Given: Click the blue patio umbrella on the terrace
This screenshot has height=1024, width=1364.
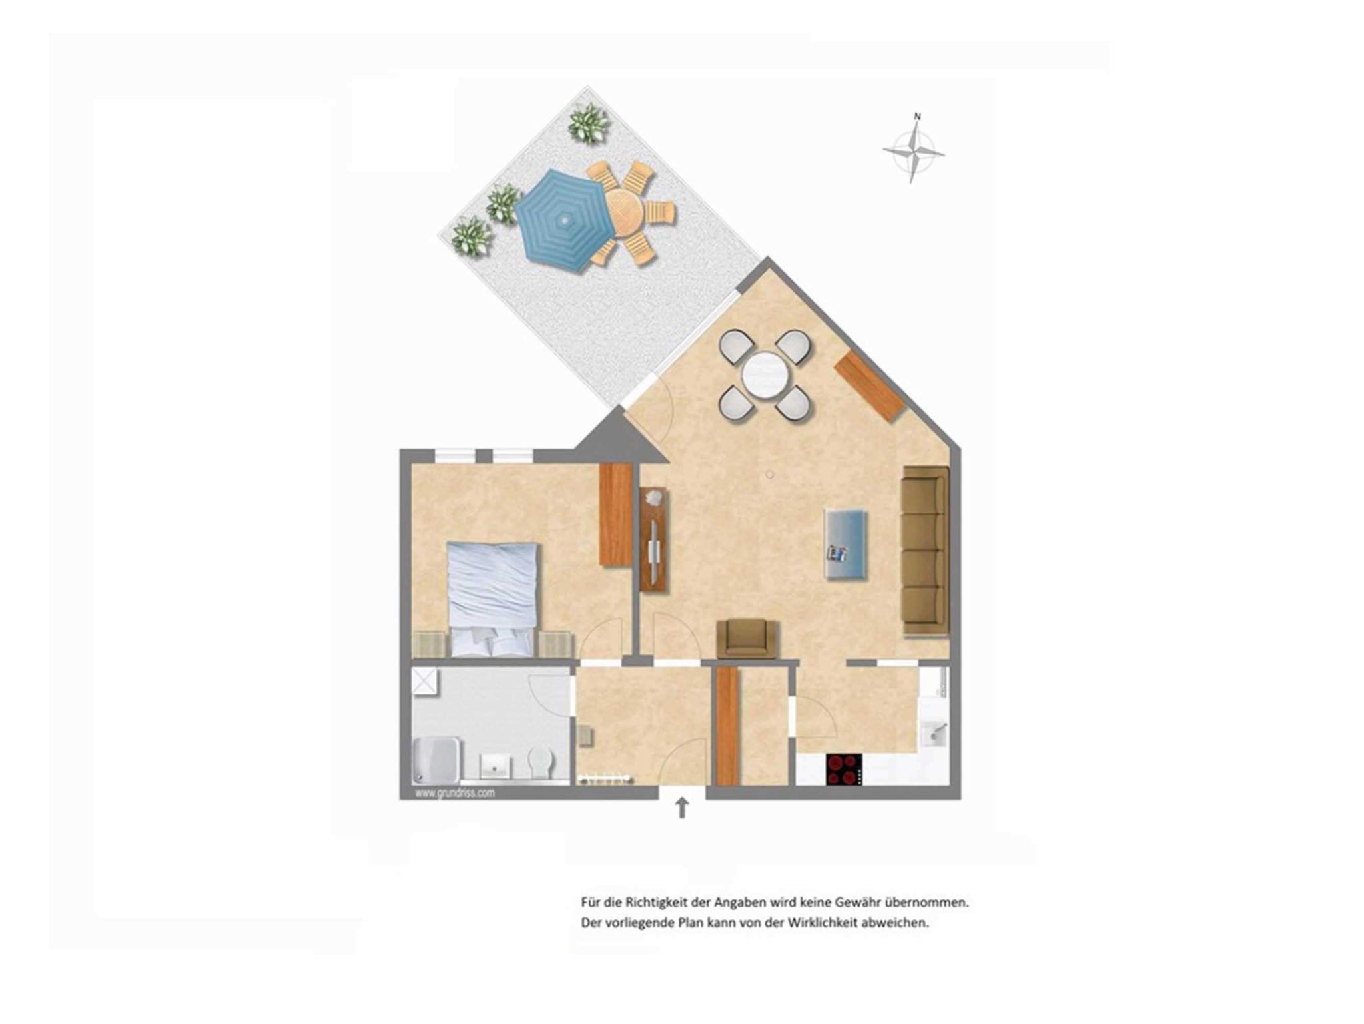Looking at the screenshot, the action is pyautogui.click(x=565, y=220).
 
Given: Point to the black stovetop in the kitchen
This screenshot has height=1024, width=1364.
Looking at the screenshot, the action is pyautogui.click(x=844, y=769).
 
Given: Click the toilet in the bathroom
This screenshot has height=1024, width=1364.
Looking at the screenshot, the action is pyautogui.click(x=541, y=762).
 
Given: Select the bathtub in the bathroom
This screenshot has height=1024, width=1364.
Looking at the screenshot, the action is pyautogui.click(x=436, y=760).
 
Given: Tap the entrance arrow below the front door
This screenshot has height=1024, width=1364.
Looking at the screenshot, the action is pyautogui.click(x=682, y=808).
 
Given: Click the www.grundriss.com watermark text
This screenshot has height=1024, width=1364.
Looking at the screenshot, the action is pyautogui.click(x=455, y=793).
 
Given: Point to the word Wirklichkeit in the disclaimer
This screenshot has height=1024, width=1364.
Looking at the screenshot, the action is pyautogui.click(x=821, y=923).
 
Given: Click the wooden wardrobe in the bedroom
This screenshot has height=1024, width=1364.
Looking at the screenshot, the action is pyautogui.click(x=615, y=515).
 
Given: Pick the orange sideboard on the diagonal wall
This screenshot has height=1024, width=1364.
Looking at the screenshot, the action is pyautogui.click(x=870, y=385).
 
